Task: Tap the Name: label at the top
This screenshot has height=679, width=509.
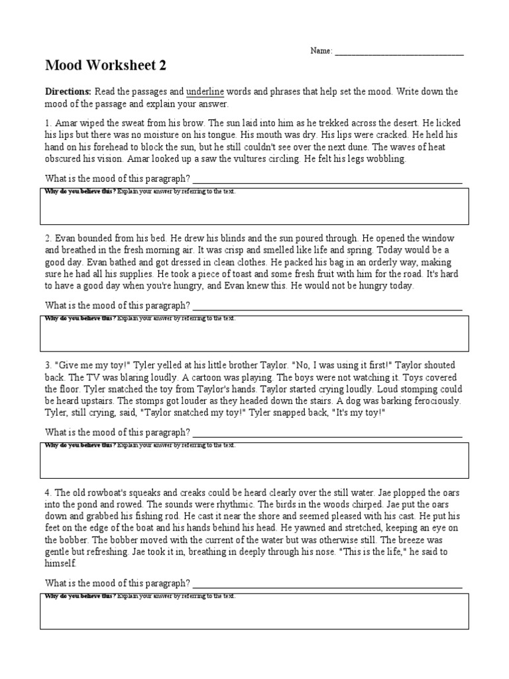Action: click(321, 51)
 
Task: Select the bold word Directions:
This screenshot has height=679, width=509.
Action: click(68, 92)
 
